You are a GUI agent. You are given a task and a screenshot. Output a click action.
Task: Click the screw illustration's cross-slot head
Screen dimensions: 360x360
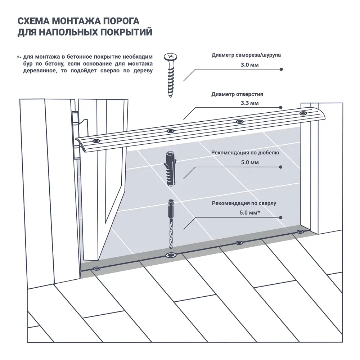tap(170, 57)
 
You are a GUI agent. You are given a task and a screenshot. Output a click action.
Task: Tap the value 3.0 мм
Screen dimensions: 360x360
tap(250, 65)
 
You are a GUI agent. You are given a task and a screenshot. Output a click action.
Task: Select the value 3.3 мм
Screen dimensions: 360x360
tap(250, 103)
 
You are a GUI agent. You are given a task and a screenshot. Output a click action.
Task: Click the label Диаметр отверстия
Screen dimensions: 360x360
tap(237, 94)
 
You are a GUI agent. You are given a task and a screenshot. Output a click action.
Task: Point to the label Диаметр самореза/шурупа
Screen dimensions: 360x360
tap(246, 55)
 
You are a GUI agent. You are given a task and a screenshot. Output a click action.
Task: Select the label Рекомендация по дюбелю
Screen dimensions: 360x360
tap(246, 152)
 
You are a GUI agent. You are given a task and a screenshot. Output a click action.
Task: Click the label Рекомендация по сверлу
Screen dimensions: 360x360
tap(244, 203)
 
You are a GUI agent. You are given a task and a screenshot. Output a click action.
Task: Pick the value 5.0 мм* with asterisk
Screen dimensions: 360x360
tap(250, 213)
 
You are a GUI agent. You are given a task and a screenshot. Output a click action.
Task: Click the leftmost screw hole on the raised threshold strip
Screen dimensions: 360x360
tap(96, 140)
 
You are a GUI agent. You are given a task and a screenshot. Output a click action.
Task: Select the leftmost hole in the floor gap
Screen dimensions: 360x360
tap(96, 269)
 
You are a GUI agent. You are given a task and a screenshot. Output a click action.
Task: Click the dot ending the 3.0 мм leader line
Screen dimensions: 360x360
tap(281, 69)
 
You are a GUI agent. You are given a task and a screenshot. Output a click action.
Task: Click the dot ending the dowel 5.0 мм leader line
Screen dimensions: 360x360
tap(281, 167)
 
